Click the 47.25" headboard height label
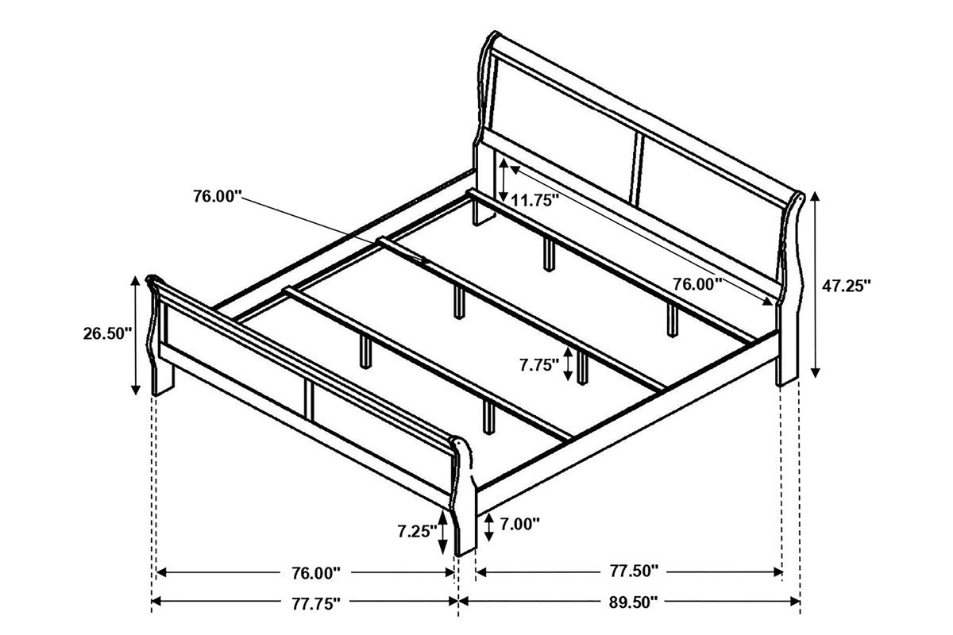(x=846, y=287)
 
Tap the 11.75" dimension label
(x=534, y=200)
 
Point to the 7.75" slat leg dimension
(x=539, y=364)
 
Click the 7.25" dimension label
(x=418, y=531)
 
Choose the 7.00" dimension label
(x=519, y=525)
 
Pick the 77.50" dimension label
(x=634, y=571)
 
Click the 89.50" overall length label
(x=633, y=602)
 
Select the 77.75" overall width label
(x=316, y=603)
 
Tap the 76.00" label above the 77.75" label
(x=316, y=573)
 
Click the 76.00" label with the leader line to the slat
(x=218, y=197)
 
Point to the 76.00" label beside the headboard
(x=697, y=284)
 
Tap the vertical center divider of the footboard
(x=309, y=399)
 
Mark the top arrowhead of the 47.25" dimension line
(x=815, y=197)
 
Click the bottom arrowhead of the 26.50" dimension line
(x=135, y=389)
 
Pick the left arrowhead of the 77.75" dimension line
(x=157, y=601)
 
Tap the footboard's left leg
(x=163, y=381)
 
